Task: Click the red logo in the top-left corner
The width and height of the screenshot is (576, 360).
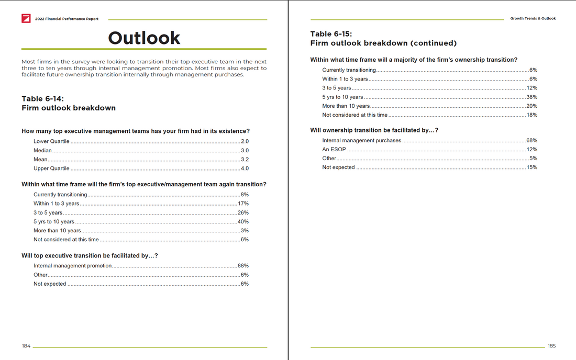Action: pyautogui.click(x=26, y=18)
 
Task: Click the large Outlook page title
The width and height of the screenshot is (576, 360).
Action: pyautogui.click(x=144, y=38)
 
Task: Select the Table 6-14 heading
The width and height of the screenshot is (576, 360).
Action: pyautogui.click(x=42, y=98)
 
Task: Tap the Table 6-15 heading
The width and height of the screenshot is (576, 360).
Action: pyautogui.click(x=331, y=34)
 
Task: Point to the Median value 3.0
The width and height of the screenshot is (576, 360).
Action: pyautogui.click(x=245, y=151)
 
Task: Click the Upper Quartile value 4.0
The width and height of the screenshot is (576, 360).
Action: pyautogui.click(x=245, y=168)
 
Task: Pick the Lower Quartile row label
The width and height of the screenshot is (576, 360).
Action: pyautogui.click(x=51, y=142)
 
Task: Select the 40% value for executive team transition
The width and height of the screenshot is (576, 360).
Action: pyautogui.click(x=243, y=222)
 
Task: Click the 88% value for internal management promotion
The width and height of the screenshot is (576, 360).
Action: pyautogui.click(x=243, y=266)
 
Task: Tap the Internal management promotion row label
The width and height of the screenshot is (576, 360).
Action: pyautogui.click(x=73, y=266)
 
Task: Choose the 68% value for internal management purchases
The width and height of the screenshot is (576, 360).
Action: pyautogui.click(x=531, y=141)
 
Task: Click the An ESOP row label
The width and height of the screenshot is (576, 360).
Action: pyautogui.click(x=334, y=150)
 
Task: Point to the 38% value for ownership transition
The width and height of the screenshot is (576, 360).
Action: pyautogui.click(x=531, y=97)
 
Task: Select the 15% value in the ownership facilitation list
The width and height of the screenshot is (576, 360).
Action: pyautogui.click(x=531, y=167)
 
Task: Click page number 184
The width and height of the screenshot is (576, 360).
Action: pyautogui.click(x=26, y=346)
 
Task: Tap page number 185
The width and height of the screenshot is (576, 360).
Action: pyautogui.click(x=551, y=346)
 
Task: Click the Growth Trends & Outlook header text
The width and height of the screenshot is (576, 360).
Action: pyautogui.click(x=533, y=19)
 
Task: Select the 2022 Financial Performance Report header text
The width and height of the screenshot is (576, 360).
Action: pyautogui.click(x=67, y=19)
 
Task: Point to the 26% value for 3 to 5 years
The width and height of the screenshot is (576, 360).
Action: pyautogui.click(x=243, y=213)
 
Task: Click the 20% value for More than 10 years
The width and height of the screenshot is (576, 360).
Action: pyautogui.click(x=531, y=106)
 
